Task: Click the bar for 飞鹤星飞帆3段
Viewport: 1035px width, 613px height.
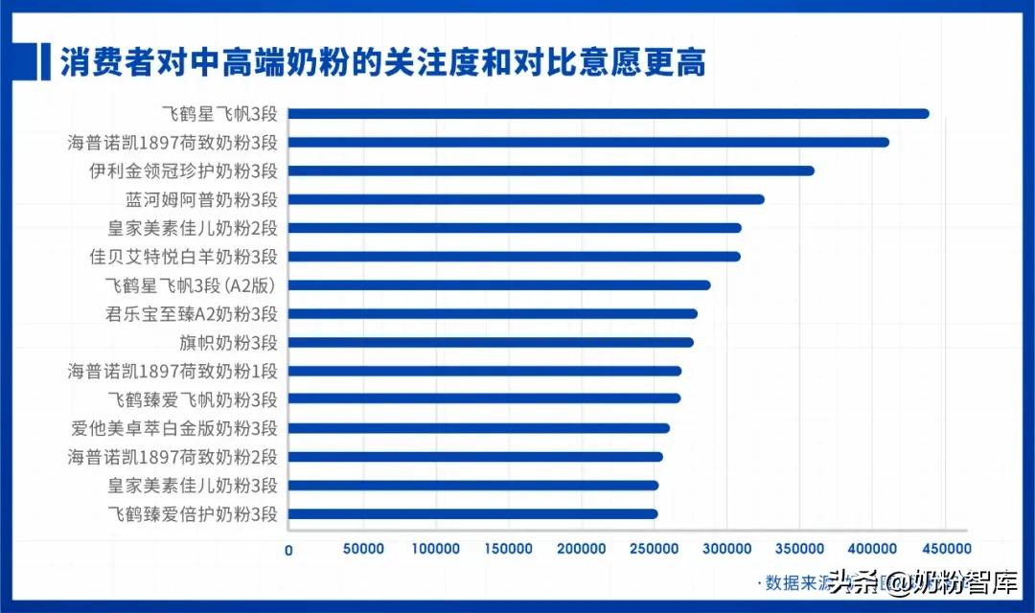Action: pyautogui.click(x=609, y=114)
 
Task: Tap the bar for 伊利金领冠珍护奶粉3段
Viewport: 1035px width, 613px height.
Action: pyautogui.click(x=551, y=171)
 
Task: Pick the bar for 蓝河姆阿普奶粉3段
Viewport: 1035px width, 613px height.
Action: pyautogui.click(x=526, y=199)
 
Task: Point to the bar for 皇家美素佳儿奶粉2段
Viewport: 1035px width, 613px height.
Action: pyautogui.click(x=515, y=228)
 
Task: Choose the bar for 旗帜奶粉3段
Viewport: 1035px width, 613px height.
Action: pyautogui.click(x=491, y=342)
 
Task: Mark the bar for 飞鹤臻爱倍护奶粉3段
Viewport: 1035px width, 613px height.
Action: pyautogui.click(x=472, y=514)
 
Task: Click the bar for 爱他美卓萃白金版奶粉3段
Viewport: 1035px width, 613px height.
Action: pyautogui.click(x=479, y=428)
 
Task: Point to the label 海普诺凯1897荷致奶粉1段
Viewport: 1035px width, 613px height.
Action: pyautogui.click(x=172, y=371)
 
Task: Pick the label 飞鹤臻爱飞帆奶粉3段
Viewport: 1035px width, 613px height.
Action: pyautogui.click(x=191, y=399)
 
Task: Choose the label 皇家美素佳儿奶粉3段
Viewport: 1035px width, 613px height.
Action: pyautogui.click(x=191, y=486)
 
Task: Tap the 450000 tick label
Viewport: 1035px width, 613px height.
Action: pyautogui.click(x=945, y=550)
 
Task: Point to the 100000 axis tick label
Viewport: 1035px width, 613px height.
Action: pyautogui.click(x=435, y=550)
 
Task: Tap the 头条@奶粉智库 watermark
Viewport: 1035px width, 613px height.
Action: pyautogui.click(x=920, y=581)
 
